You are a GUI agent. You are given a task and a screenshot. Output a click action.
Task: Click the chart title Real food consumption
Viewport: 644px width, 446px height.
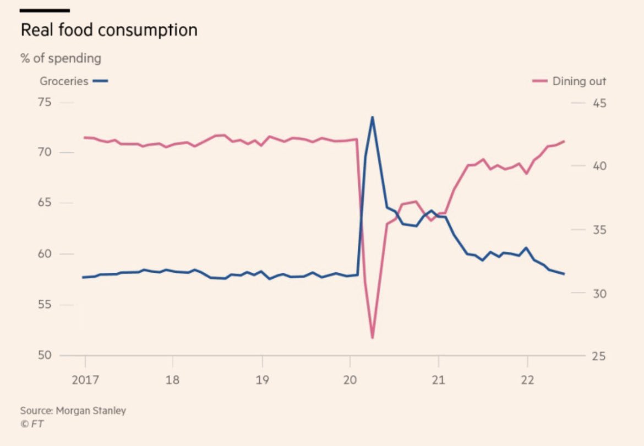(108, 30)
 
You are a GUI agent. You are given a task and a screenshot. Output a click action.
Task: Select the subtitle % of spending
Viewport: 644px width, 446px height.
(61, 58)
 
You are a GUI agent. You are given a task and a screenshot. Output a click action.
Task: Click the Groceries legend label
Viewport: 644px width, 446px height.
(64, 81)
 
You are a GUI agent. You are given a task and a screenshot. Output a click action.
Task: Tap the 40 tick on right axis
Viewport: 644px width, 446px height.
(598, 166)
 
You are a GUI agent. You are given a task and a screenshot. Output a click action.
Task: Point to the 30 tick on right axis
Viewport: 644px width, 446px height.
(598, 293)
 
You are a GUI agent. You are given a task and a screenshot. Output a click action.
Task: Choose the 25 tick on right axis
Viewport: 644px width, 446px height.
(598, 356)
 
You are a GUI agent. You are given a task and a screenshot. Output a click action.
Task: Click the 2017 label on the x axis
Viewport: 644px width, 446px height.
(85, 379)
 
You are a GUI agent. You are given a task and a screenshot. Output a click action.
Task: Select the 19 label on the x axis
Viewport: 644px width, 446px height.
(262, 379)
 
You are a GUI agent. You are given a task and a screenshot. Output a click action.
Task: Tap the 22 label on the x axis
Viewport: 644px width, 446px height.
(527, 379)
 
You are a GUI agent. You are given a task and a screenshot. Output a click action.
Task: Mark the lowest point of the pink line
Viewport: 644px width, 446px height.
(373, 337)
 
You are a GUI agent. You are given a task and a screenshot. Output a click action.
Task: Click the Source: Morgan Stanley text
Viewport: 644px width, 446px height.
(73, 411)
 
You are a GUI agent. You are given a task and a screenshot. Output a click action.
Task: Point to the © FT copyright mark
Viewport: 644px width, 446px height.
(32, 424)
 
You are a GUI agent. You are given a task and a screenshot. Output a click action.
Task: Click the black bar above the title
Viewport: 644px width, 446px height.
(45, 10)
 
